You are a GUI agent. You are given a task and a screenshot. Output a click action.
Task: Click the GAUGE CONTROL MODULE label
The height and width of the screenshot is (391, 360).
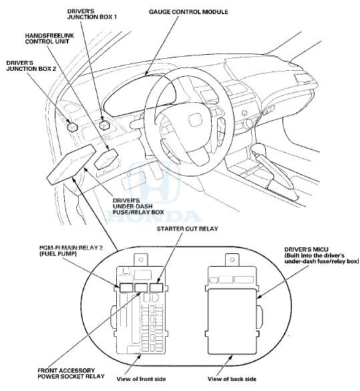(188, 12)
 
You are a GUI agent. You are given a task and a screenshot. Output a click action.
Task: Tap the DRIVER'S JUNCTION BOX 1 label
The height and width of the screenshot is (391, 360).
(92, 14)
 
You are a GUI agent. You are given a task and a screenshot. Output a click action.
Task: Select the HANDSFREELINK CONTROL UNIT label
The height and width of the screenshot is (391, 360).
(49, 39)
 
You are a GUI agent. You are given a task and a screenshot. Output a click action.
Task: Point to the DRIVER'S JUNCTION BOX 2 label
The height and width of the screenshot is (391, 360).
(31, 66)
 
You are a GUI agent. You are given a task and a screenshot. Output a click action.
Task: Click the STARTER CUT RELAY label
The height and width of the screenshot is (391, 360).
(188, 229)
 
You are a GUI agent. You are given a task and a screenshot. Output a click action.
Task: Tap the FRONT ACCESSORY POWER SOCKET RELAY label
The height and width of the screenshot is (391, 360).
(71, 374)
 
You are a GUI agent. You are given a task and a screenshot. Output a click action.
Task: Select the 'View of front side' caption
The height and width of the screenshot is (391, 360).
(141, 379)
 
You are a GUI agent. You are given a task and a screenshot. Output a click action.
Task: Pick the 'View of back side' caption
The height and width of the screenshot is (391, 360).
(232, 379)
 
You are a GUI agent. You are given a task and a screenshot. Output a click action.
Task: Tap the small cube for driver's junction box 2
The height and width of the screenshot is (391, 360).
(73, 127)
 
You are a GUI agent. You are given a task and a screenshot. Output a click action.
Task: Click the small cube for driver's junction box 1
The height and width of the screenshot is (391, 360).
(104, 125)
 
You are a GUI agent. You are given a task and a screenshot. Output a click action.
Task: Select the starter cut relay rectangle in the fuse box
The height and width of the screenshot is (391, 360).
(156, 287)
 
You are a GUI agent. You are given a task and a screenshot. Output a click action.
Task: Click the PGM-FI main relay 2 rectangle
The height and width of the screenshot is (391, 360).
(126, 287)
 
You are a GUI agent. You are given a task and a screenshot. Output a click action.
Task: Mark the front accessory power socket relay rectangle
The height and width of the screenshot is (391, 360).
(141, 287)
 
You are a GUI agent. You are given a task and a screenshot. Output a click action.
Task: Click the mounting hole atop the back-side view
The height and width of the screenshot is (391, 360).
(232, 259)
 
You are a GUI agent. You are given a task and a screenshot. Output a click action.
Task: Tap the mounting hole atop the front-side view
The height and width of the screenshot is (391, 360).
(141, 259)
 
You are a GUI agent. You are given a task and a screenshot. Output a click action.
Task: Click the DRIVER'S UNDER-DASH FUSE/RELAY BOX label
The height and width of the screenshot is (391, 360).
(138, 207)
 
